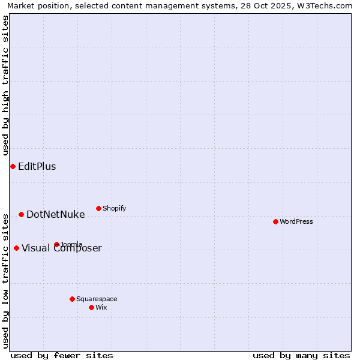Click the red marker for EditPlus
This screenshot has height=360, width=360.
[13, 166]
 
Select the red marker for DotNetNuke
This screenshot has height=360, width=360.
[21, 214]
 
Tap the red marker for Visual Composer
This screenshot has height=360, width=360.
[16, 248]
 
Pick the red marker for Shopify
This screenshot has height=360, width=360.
[98, 208]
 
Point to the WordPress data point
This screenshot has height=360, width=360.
[275, 221]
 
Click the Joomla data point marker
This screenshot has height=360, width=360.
[56, 244]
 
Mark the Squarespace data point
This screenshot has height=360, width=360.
[72, 299]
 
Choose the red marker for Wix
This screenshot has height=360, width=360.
[91, 307]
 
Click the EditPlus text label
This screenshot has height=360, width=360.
[37, 167]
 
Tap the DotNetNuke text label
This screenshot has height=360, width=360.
[56, 215]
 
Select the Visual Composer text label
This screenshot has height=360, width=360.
[62, 248]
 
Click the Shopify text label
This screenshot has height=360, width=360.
[115, 209]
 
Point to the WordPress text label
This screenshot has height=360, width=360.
[296, 222]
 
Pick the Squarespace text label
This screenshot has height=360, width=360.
[97, 299]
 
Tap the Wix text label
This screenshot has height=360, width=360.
[101, 308]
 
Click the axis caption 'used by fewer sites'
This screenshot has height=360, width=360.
[62, 355]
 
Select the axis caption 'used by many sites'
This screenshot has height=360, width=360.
[301, 355]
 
